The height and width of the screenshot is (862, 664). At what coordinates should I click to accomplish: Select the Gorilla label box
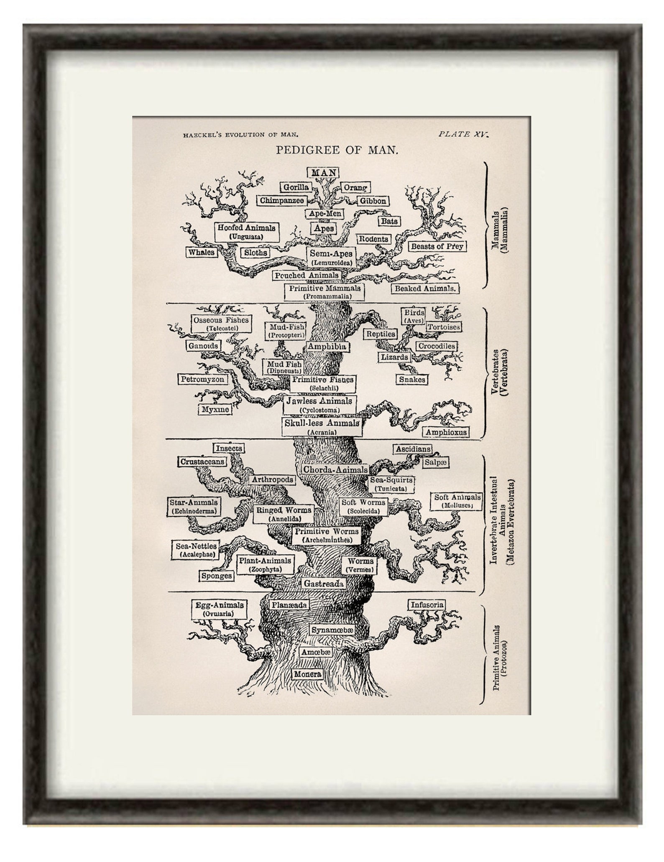point(296,187)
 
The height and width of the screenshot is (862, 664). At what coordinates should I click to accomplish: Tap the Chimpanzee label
point(281,201)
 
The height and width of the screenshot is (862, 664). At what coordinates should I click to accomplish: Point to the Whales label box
point(201,252)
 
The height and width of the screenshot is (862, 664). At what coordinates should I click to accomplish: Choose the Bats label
point(389,221)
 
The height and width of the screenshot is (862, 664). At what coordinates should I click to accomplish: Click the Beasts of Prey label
point(437,246)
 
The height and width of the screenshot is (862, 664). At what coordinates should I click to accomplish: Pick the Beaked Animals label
point(425,288)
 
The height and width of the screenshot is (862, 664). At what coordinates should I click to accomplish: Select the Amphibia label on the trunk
point(327,347)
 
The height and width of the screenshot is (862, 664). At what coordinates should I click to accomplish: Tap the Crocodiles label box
point(436,346)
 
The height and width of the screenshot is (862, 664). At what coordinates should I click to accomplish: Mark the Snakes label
point(412,380)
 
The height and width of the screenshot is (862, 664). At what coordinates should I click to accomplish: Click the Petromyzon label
point(202,380)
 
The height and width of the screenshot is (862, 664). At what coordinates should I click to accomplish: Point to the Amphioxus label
point(446,432)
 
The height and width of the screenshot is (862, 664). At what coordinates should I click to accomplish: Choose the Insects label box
point(229,448)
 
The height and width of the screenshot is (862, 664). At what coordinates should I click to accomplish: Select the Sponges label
point(216,576)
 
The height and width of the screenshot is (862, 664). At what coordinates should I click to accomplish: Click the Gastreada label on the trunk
point(324,583)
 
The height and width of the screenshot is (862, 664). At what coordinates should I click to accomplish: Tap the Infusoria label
point(426,605)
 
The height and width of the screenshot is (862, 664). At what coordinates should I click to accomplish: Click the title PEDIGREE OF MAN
point(337,150)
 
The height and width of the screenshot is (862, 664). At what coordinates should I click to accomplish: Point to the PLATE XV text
point(463,134)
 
